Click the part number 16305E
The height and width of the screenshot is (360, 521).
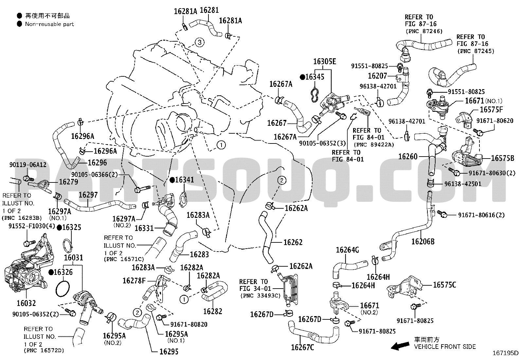325,62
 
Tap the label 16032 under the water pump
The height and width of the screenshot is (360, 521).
26,303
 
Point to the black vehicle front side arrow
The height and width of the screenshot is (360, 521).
400,346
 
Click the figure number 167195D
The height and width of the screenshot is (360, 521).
505,353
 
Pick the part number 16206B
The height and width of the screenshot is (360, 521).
423,242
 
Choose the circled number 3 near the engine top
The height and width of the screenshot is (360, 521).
200,42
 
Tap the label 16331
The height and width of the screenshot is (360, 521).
144,228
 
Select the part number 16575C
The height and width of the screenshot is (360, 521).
444,285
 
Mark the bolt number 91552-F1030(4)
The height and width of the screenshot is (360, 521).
32,226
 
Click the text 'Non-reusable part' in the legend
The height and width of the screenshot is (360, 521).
49,24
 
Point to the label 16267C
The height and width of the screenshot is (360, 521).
302,348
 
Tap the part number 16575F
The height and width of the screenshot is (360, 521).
492,109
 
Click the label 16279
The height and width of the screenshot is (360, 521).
68,181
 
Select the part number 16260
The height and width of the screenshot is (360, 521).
408,157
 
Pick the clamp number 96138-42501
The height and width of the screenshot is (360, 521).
463,184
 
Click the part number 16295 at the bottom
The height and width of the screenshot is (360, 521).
169,351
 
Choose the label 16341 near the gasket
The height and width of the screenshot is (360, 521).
185,180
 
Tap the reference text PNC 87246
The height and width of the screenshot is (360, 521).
424,31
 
